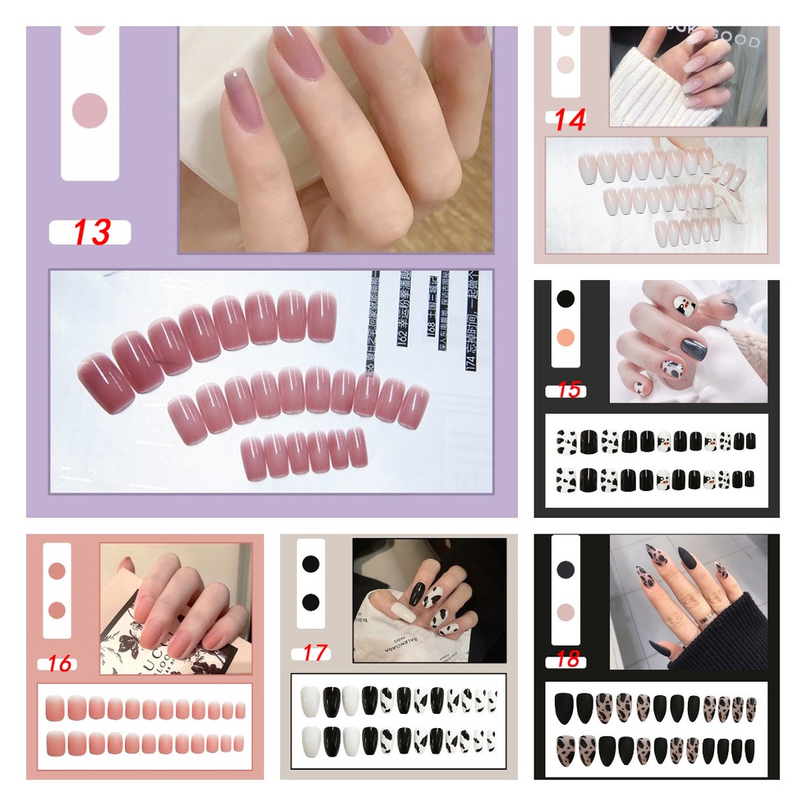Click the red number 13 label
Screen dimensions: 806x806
[x=91, y=233]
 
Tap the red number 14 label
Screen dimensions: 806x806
[x=569, y=120]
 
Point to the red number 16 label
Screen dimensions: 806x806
[x=59, y=664]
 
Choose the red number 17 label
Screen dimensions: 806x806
[x=313, y=653]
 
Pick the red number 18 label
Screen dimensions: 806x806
[x=568, y=660]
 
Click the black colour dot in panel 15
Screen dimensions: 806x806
[x=565, y=299]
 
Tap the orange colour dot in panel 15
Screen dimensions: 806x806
[x=565, y=338]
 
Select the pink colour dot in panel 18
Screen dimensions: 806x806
[x=565, y=612]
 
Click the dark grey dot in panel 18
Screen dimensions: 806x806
[x=565, y=569]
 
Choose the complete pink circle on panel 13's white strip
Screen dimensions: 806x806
[x=90, y=110]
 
